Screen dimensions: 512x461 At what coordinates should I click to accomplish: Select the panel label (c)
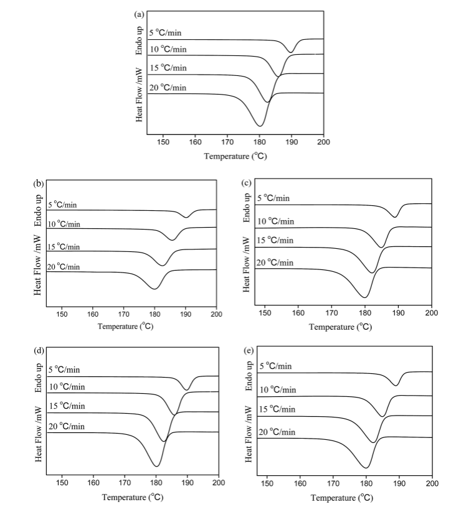(x=247, y=183)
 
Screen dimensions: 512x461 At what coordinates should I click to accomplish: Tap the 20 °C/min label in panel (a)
(x=168, y=87)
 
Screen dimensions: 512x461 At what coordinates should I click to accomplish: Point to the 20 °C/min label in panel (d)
(x=67, y=426)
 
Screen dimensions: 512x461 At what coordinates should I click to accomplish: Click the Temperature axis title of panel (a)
(x=235, y=156)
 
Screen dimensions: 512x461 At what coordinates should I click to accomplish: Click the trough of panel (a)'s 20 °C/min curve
(x=260, y=126)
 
